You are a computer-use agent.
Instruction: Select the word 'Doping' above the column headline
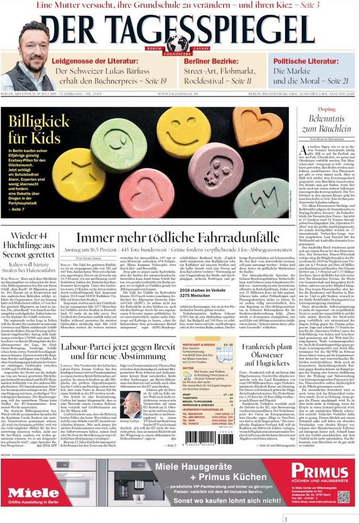[x=326, y=109]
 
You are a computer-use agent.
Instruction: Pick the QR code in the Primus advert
[x=343, y=497]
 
